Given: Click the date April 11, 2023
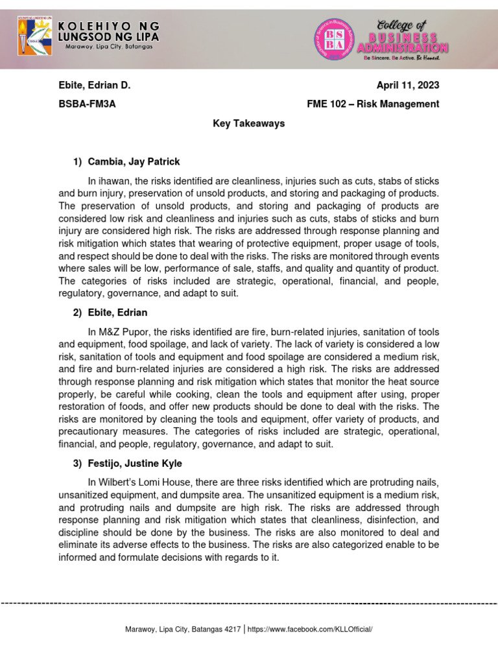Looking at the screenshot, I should [x=408, y=86].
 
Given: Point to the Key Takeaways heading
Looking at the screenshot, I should [x=249, y=123].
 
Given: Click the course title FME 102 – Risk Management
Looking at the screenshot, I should [x=373, y=104].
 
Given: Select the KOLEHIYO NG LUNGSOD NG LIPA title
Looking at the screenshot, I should [x=108, y=31].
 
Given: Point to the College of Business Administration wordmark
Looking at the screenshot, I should [x=403, y=38].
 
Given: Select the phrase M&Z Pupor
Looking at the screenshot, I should [x=126, y=333].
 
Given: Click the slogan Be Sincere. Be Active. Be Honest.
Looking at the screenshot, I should [x=401, y=58].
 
